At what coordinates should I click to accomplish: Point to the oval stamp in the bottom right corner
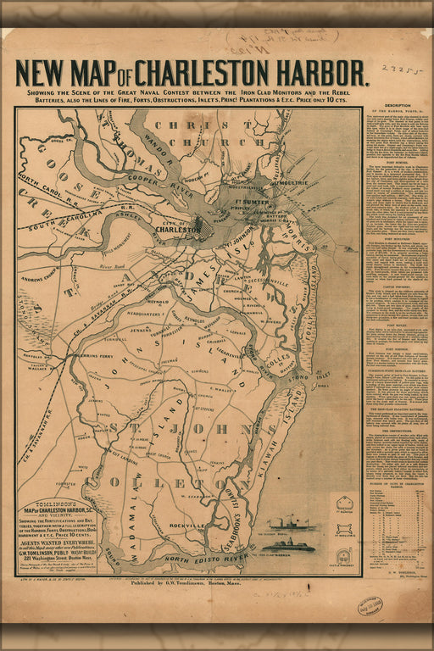[370, 605]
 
